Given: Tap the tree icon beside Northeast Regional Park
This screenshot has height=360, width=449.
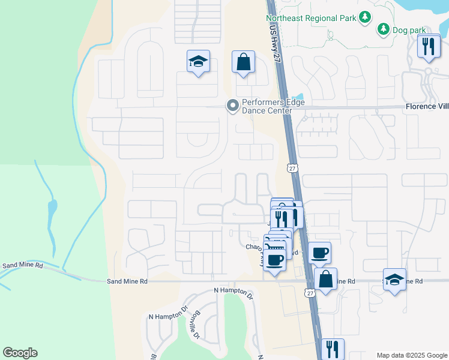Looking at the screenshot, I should [364, 17].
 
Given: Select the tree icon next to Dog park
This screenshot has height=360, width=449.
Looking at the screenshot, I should [383, 29].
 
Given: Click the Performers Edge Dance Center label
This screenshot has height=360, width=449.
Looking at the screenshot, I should [273, 106].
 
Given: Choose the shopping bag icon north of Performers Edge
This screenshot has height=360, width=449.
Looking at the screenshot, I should [244, 62].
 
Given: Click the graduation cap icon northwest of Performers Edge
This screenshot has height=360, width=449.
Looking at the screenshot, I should [198, 62].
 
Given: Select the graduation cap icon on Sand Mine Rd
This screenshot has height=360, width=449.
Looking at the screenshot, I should [394, 280].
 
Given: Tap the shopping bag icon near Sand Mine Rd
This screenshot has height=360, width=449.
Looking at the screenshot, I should [325, 280].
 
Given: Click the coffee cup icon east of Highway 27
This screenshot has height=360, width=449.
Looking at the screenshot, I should [319, 253].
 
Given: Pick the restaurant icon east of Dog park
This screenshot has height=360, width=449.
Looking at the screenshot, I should [429, 47].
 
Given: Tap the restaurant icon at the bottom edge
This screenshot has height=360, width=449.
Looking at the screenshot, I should [332, 349].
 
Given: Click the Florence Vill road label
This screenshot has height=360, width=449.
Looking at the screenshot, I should [427, 107].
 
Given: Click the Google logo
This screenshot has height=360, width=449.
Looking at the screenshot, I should [20, 353].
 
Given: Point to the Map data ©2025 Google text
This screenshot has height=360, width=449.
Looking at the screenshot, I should [411, 355].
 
